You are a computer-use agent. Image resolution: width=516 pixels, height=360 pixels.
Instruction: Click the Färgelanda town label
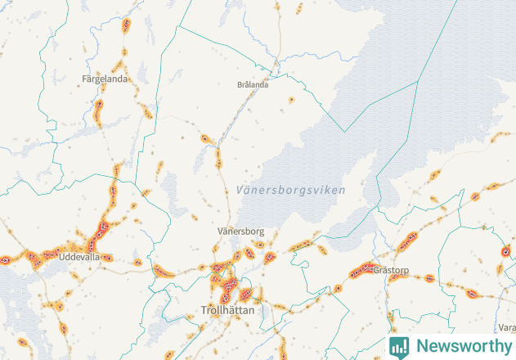[105, 79]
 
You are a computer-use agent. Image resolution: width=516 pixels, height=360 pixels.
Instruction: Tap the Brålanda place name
[253, 84]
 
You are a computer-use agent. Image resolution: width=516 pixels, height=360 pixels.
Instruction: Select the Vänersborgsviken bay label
[290, 190]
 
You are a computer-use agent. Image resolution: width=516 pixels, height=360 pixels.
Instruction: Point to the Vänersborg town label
[240, 232]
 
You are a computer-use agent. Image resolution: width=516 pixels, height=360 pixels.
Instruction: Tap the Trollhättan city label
[227, 311]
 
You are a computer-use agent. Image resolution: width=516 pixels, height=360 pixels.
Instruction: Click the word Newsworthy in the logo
[460, 346]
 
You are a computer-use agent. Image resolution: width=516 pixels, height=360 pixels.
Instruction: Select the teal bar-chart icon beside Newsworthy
[399, 346]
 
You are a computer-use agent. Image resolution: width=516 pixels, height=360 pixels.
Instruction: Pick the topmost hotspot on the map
[126, 25]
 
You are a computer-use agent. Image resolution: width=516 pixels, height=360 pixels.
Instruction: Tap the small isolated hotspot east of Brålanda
[291, 100]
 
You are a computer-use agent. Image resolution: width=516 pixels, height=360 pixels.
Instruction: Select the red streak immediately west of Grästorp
[359, 272]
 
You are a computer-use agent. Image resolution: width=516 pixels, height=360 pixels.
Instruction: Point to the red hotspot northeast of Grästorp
[408, 241]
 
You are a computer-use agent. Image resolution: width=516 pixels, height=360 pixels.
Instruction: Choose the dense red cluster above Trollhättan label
[225, 282]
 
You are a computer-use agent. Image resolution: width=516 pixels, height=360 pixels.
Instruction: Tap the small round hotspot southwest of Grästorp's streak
[338, 289]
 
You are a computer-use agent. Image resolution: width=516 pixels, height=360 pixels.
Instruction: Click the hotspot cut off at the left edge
[6, 259]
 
